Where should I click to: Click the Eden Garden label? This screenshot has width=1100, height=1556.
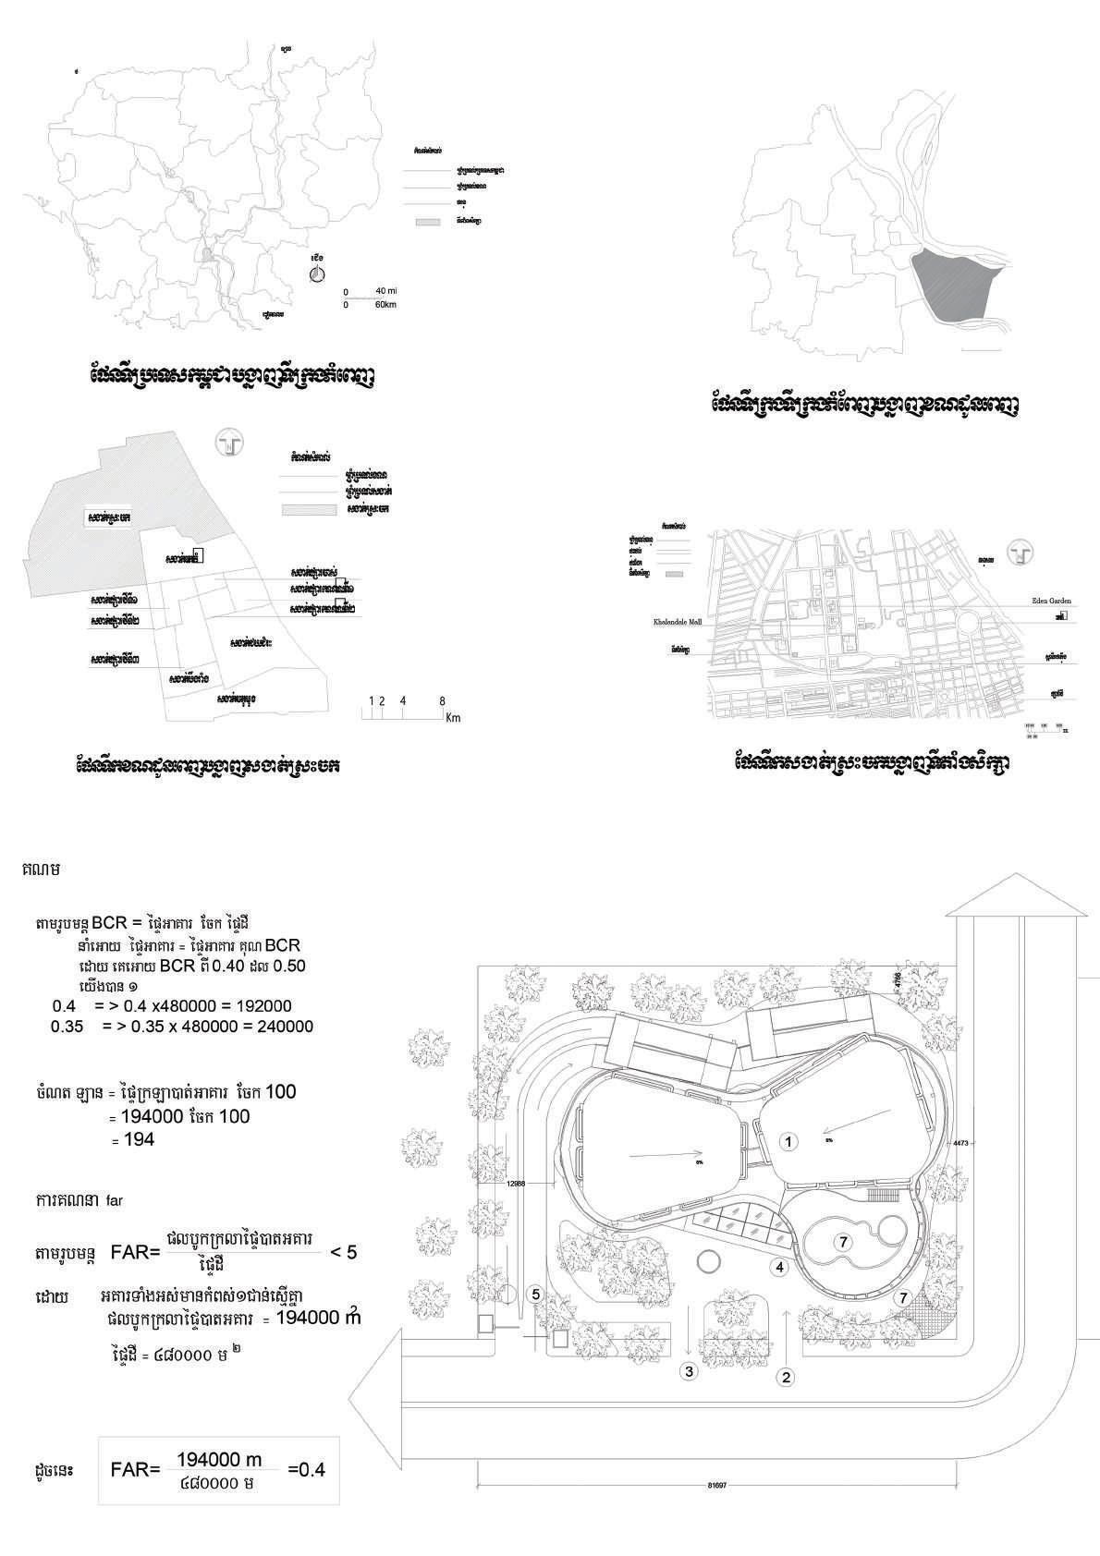click(1051, 601)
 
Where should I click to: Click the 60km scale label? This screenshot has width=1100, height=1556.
click(385, 304)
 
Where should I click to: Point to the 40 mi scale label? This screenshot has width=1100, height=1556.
click(385, 291)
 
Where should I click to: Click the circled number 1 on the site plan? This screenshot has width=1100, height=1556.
click(788, 1141)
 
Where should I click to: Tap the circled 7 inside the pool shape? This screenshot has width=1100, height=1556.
click(843, 1242)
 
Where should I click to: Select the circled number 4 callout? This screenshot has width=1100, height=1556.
click(780, 1267)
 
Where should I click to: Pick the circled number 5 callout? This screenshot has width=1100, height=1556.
click(535, 1295)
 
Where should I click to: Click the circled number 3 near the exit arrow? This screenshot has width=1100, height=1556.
click(688, 1371)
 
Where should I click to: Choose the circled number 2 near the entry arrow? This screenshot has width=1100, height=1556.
click(786, 1378)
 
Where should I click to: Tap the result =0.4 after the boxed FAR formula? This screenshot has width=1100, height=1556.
click(307, 1469)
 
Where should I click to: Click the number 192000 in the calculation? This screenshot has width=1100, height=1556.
click(260, 1006)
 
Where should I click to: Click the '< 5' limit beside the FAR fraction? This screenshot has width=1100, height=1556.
click(343, 1252)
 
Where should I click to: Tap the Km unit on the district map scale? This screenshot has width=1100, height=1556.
click(452, 718)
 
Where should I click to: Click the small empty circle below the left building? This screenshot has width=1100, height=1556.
click(709, 1262)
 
